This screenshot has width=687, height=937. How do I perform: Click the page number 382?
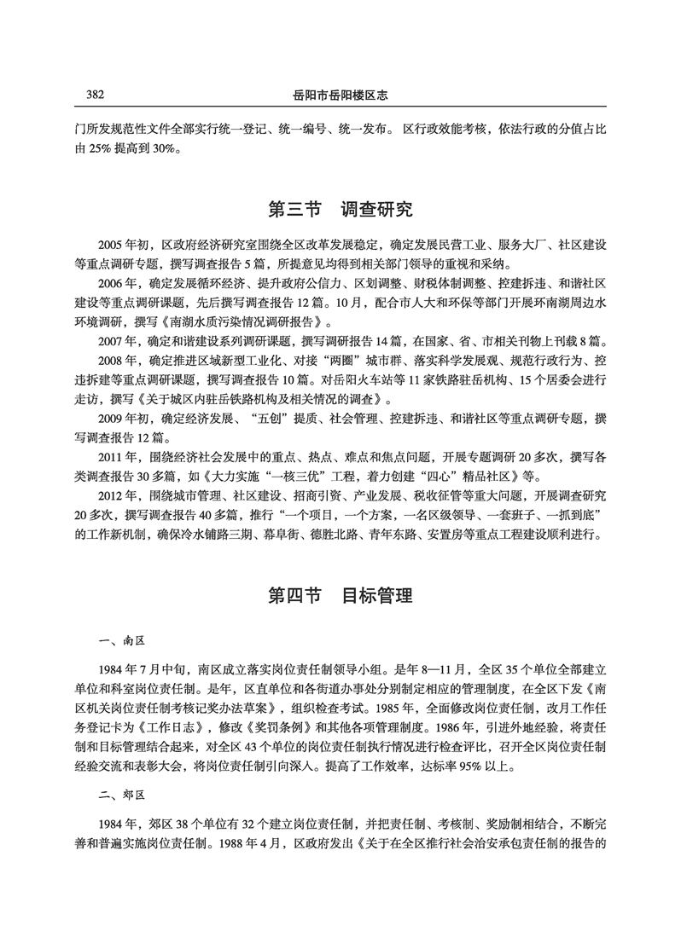click(90, 94)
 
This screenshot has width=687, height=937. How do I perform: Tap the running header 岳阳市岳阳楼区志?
click(342, 94)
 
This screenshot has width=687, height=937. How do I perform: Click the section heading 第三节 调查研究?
click(341, 207)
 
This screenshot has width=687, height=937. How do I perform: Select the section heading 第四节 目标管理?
click(341, 594)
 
